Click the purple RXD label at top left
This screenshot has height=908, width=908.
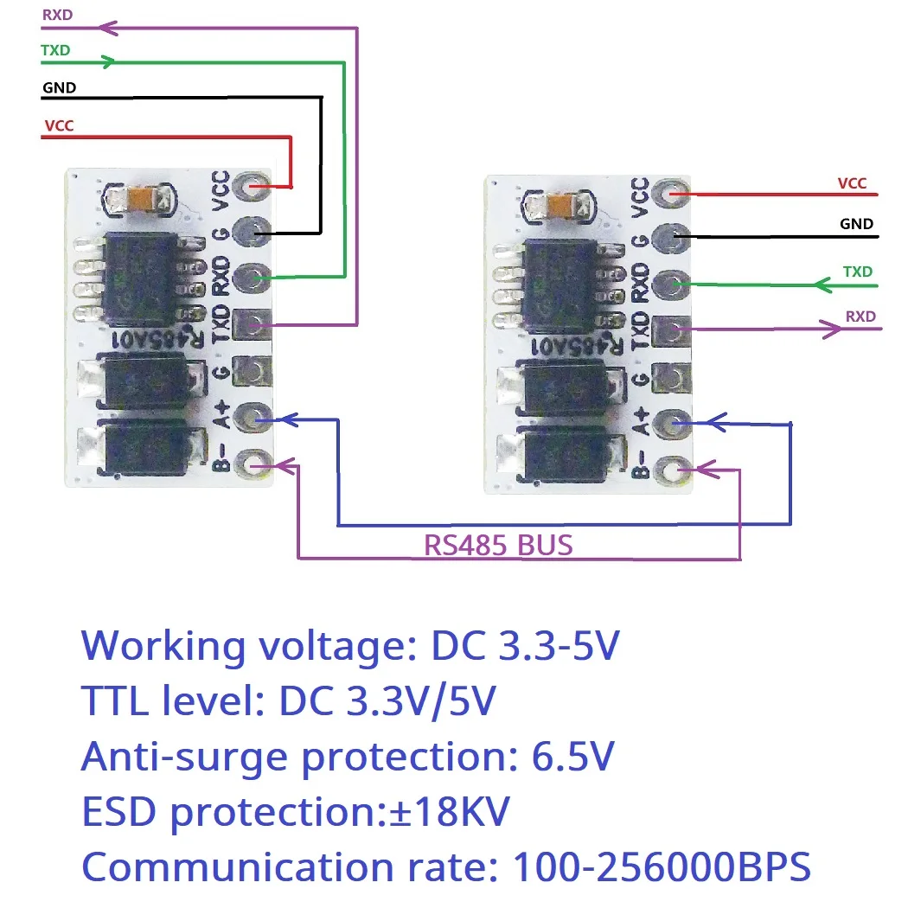coord(56,15)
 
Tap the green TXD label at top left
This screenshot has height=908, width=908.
coord(54,50)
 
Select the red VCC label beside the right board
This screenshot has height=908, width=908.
coord(851,183)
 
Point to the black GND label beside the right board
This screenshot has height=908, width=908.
coord(856,224)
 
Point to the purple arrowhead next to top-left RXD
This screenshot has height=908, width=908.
coord(109,28)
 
